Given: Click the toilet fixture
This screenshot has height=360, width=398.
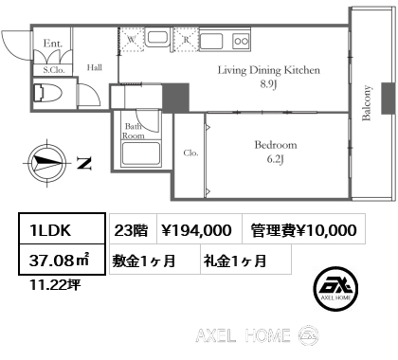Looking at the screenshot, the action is (48, 93).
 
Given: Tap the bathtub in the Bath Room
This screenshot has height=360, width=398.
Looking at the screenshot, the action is (141, 153).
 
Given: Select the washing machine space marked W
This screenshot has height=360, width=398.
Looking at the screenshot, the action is (133, 40).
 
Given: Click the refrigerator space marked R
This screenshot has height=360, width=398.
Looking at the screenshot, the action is (187, 40).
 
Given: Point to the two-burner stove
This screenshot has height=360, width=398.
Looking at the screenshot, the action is (242, 41).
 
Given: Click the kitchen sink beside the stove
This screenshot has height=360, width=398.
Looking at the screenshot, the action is (211, 41).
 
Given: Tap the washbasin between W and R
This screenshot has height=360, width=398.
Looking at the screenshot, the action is (157, 38).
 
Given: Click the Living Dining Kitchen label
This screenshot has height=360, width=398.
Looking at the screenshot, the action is (269, 77).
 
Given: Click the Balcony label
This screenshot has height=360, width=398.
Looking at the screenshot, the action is (367, 103).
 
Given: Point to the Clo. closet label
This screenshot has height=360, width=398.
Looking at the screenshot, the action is (191, 153).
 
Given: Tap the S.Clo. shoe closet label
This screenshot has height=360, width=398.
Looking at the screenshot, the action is (54, 70).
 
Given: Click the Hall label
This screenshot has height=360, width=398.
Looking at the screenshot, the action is (95, 67).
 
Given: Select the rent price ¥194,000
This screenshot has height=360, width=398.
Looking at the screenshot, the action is (196, 230).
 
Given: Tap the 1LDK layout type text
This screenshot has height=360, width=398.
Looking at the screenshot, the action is (50, 230).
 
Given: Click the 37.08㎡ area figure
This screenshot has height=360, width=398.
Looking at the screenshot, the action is (60, 261).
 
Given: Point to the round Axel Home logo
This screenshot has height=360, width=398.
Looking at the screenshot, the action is (335, 289).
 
